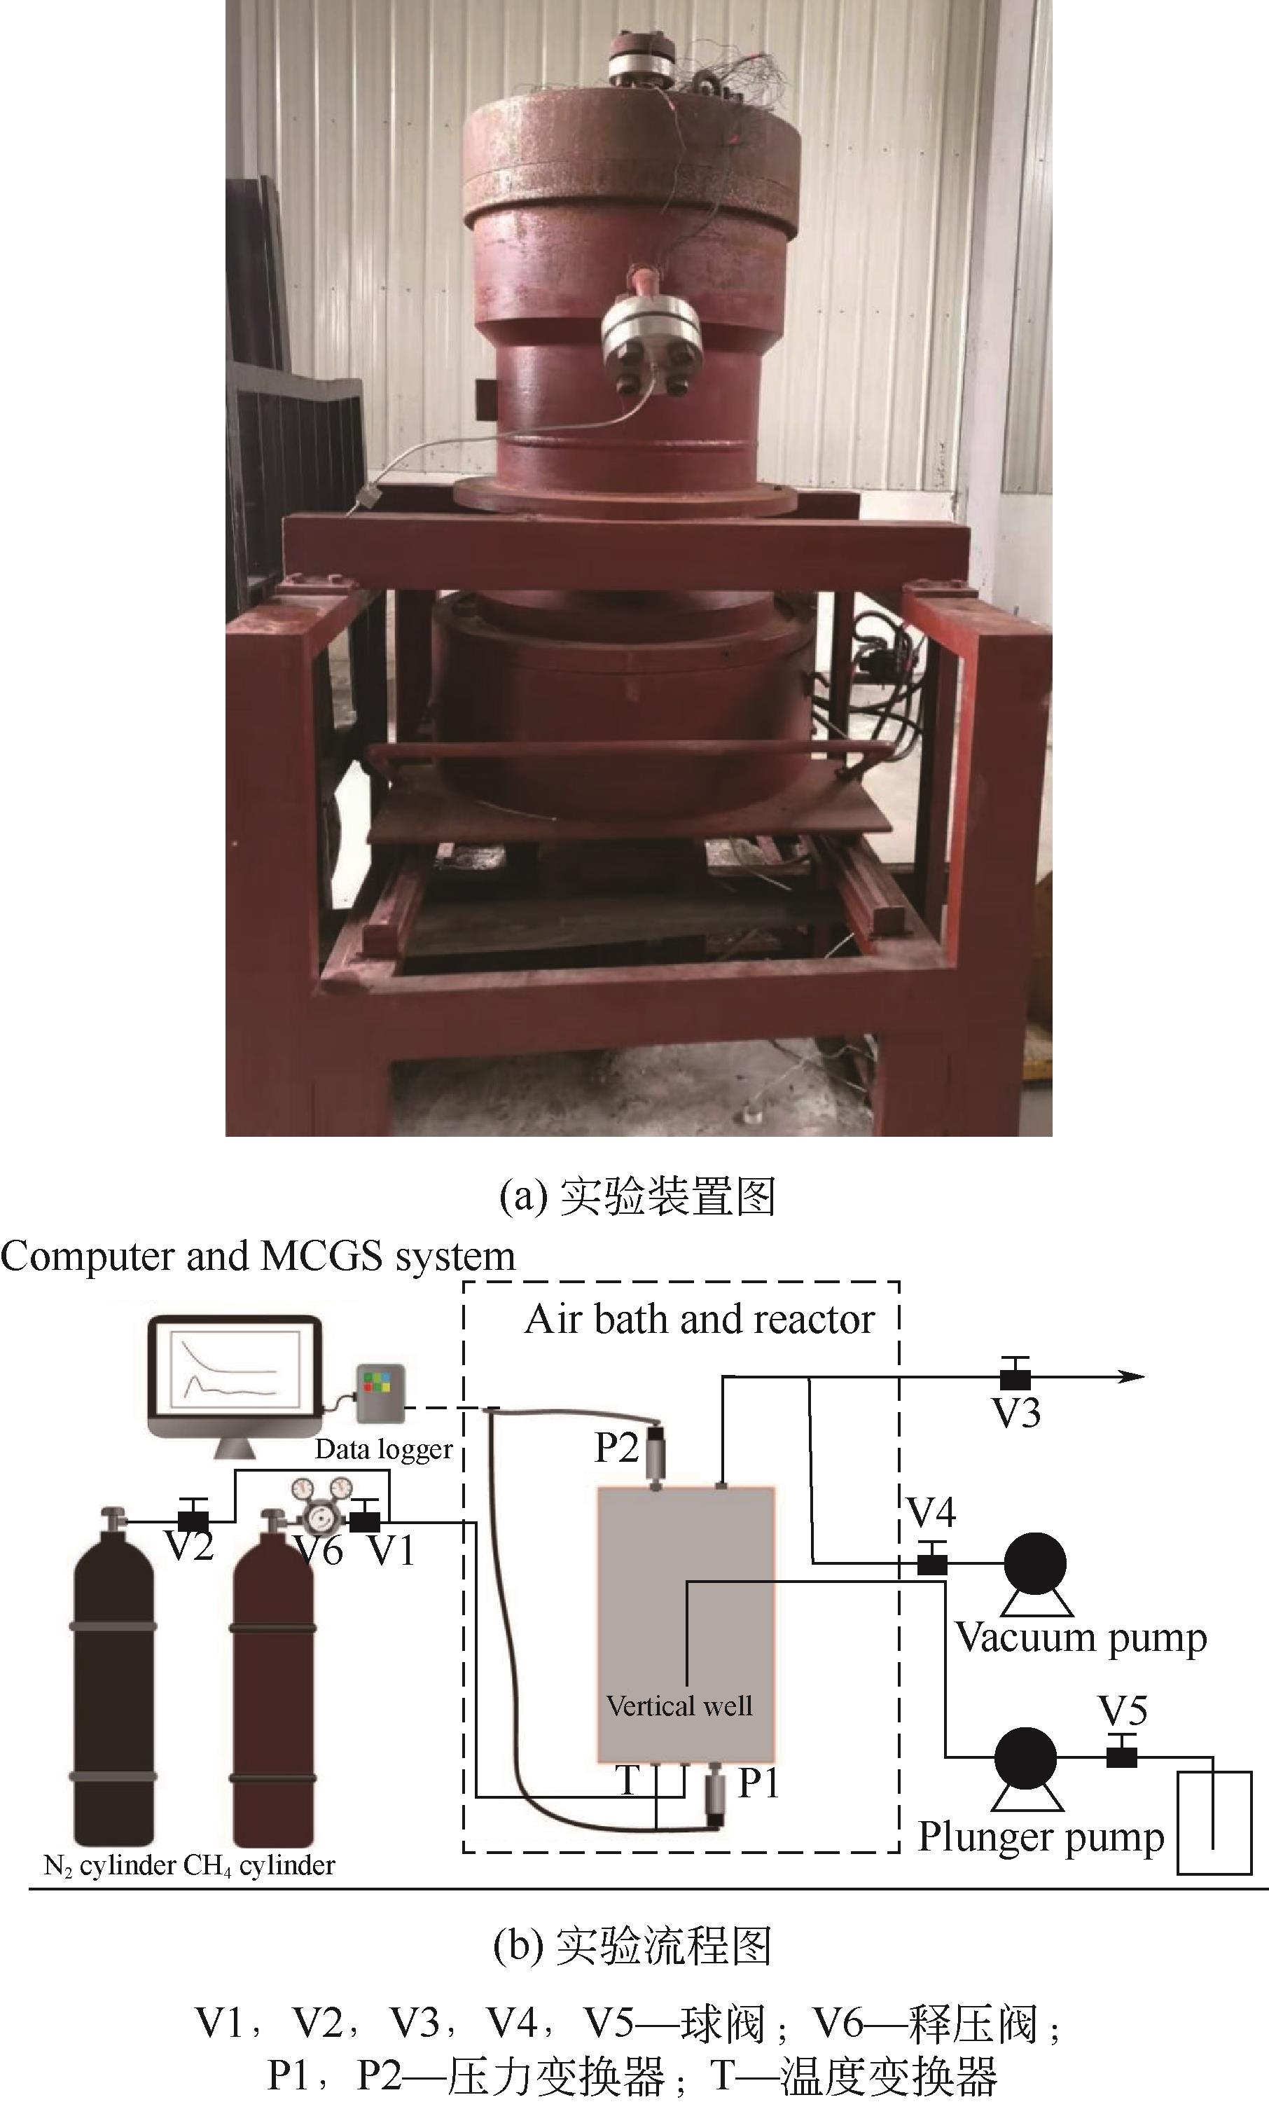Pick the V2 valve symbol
[x=193, y=1521]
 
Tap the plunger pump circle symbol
[x=1026, y=1758]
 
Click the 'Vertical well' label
[x=679, y=1706]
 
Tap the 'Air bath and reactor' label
[x=700, y=1320]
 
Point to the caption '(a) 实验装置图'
[x=637, y=1196]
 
